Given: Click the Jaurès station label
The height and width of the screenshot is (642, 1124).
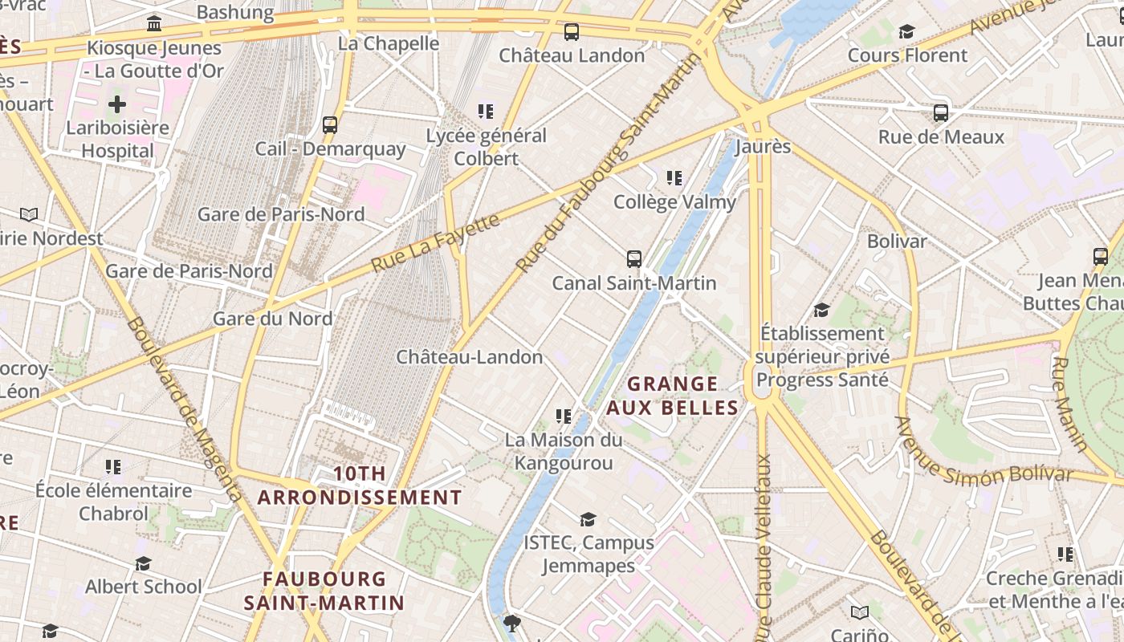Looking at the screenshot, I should (763, 147).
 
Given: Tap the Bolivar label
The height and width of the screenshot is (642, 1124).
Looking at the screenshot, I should (897, 241).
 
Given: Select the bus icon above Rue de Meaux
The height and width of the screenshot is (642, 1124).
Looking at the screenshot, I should (941, 113).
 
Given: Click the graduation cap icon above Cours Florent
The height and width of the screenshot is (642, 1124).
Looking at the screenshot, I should (906, 32).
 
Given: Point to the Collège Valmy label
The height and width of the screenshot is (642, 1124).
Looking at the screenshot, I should (674, 202).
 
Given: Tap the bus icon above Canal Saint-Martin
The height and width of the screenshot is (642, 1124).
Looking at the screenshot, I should (634, 259).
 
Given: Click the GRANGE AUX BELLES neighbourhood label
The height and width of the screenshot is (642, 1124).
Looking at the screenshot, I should (672, 396).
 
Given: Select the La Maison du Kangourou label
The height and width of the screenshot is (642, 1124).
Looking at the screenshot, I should (563, 451).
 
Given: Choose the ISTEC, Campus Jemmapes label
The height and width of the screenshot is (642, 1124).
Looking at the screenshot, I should (588, 554).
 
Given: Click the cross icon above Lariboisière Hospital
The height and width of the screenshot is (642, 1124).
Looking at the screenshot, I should (117, 104).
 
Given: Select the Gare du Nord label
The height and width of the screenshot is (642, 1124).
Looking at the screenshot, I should (272, 319).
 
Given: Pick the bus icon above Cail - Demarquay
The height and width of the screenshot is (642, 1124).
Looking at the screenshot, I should (330, 125).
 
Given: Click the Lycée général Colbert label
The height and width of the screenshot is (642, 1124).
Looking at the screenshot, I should (486, 147).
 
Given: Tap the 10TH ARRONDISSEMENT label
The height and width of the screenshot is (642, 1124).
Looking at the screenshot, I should (359, 486).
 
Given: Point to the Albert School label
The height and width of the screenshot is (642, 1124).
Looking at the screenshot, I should (144, 586).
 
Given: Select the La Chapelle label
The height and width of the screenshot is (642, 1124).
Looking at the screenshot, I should (389, 43).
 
